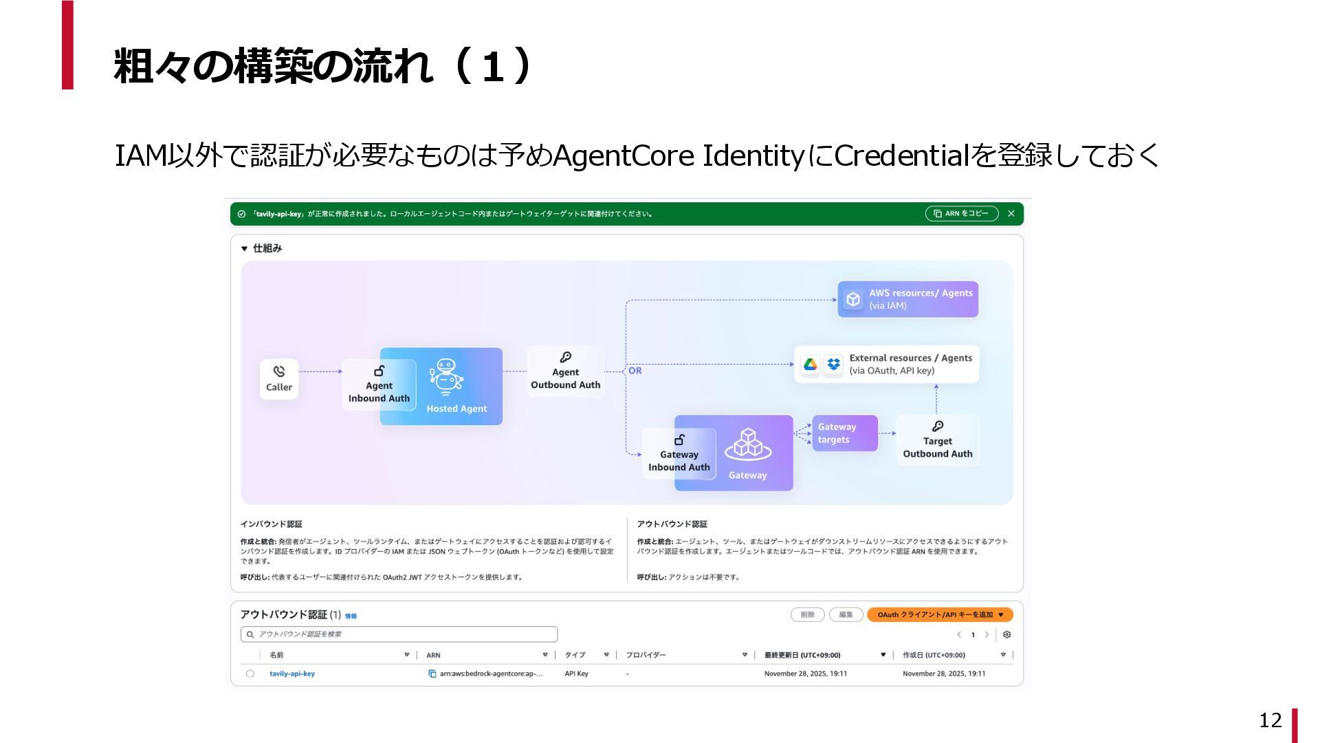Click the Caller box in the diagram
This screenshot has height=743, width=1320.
[x=279, y=378]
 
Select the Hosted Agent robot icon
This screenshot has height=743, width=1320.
[x=446, y=376]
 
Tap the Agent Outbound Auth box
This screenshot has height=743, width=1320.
[x=565, y=371]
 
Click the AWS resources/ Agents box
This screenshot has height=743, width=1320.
[x=907, y=299]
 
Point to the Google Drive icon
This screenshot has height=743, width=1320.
[x=811, y=364]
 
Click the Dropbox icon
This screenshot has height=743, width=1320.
[x=833, y=364]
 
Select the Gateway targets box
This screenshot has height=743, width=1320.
[x=844, y=433]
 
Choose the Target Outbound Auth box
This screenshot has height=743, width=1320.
[x=937, y=440]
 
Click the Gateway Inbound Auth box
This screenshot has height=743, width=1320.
[x=679, y=454]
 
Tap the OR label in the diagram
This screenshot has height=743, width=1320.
[x=635, y=371]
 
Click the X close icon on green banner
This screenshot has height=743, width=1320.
[x=1011, y=214]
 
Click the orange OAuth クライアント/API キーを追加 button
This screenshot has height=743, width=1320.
[x=940, y=614]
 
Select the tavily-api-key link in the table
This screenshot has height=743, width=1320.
[x=292, y=674]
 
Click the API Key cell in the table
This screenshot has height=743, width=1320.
[x=576, y=674]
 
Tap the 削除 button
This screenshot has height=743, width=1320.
[x=808, y=614]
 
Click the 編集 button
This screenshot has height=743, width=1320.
[x=846, y=614]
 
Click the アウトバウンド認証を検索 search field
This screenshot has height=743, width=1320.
[x=399, y=634]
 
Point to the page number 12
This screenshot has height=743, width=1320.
[x=1270, y=720]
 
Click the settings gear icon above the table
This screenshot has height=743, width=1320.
[x=1006, y=634]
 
